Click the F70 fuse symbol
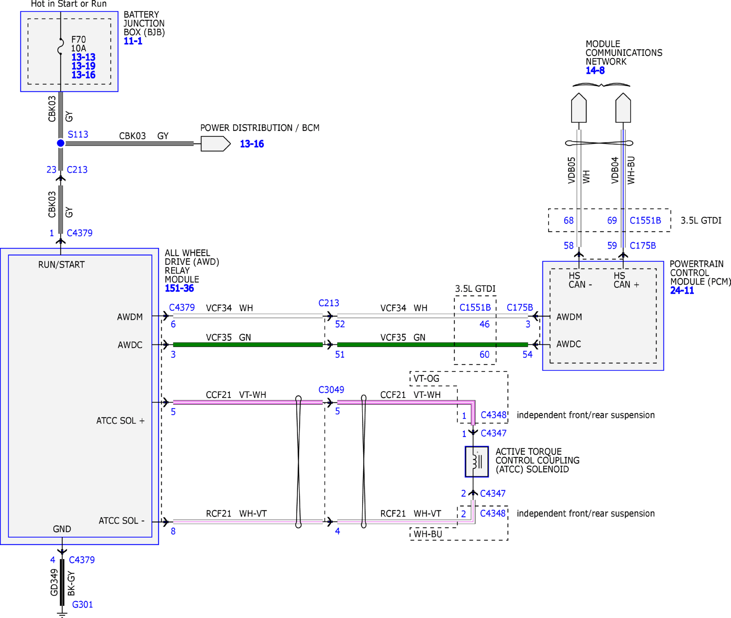(61, 46)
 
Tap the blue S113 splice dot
(61, 143)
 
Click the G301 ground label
(82, 604)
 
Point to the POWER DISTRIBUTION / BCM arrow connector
(216, 144)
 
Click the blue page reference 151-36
(179, 288)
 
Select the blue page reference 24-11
(682, 290)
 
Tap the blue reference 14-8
(595, 70)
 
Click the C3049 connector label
(331, 389)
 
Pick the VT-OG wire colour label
(426, 378)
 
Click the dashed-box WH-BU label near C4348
(428, 534)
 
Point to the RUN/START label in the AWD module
(61, 265)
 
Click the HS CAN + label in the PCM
(626, 280)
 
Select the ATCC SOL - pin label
(121, 521)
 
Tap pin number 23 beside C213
(51, 170)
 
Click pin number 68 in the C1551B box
(568, 220)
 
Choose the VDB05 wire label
(571, 170)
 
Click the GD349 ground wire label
(54, 582)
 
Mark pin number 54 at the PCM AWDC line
(527, 354)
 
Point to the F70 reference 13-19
(83, 66)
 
